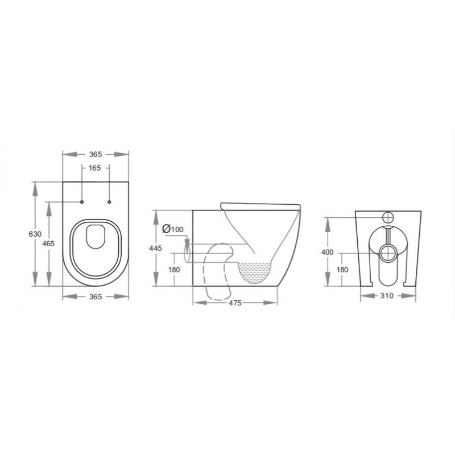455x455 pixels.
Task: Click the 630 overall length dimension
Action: point(35,234)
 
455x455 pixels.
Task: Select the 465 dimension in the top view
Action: point(48,244)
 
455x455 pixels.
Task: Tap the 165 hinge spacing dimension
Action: point(94,168)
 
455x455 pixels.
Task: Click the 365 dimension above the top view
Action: point(96,154)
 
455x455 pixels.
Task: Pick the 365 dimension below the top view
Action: point(96,296)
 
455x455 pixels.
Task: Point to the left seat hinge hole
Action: point(82,202)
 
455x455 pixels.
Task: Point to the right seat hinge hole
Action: point(109,202)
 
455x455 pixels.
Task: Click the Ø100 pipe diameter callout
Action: point(173,229)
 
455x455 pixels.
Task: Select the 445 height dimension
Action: point(155,249)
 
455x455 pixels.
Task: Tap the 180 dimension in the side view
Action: point(174,270)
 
